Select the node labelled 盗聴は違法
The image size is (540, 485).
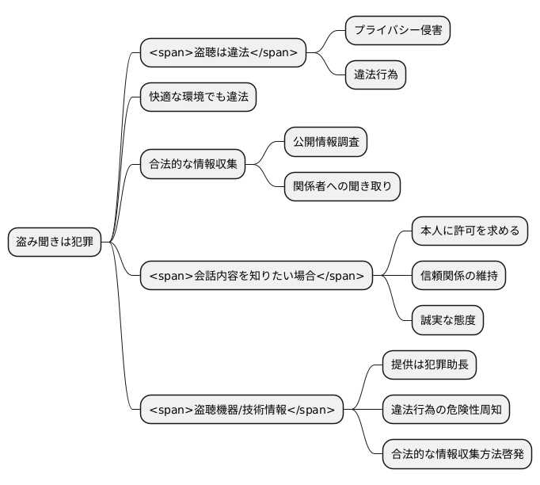pos(222,53)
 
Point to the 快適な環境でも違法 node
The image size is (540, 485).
pos(199,97)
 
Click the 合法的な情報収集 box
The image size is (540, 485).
pos(193,165)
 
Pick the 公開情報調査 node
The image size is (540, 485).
pos(325,143)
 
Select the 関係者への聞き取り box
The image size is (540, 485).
pos(342,187)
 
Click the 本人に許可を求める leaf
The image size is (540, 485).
pos(470,231)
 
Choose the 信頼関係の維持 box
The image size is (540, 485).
pos(459,275)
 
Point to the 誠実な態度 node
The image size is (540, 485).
pos(448,320)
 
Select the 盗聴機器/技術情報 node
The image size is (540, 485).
pos(241,410)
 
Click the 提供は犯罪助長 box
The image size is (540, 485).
pos(429,365)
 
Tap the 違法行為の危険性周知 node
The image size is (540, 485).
pos(446,410)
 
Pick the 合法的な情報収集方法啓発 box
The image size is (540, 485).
pos(457,455)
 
